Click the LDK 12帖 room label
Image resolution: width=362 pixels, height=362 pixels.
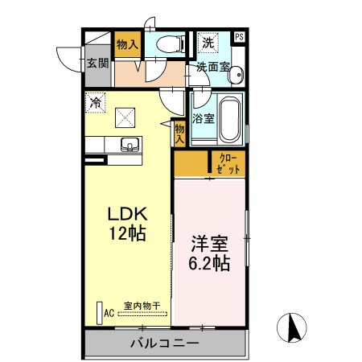126,224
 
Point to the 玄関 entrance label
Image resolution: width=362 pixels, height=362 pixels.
98,63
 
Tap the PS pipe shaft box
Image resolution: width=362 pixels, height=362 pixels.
240,37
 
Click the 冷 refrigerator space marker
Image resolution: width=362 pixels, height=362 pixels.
96,102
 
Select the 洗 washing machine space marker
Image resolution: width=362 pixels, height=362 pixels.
208,43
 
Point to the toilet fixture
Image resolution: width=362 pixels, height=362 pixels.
170,44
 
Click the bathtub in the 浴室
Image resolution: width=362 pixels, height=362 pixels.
230,117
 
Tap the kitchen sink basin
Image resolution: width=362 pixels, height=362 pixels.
130,145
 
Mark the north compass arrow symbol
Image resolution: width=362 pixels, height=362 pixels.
293,327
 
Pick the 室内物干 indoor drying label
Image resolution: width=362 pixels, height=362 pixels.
142,306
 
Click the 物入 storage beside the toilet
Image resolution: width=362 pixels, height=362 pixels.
127,45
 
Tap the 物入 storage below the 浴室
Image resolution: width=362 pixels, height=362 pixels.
180,134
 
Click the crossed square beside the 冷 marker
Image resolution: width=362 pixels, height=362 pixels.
124,117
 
